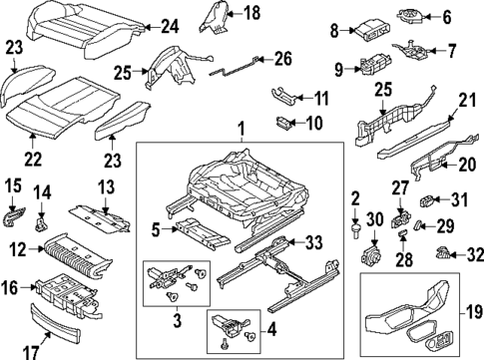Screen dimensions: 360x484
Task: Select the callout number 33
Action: [313, 240]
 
